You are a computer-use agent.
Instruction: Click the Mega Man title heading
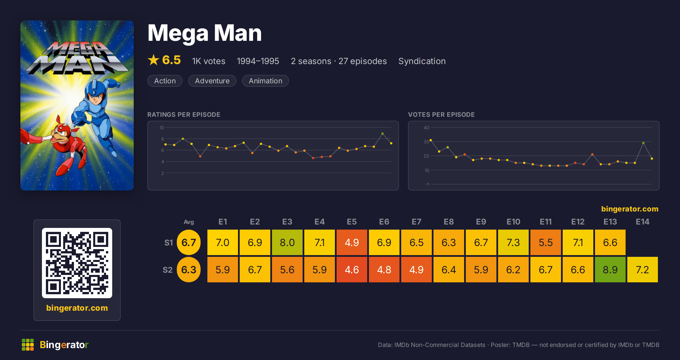coord(204,33)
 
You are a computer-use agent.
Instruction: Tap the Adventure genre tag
coord(212,81)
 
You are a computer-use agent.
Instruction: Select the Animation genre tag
coord(265,81)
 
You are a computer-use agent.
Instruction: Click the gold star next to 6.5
coord(154,60)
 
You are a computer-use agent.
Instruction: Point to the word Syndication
coord(422,61)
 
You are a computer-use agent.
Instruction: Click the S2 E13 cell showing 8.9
coord(610,270)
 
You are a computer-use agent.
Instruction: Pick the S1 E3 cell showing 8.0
coord(287,242)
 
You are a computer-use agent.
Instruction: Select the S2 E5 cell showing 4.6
coord(352,270)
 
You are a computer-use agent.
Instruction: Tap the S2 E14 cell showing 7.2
coord(642,270)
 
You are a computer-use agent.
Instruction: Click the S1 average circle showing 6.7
coord(189,242)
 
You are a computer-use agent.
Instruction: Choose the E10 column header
coord(513,222)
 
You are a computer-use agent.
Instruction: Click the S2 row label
coord(167,270)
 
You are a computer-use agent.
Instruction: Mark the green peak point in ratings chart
coord(382,134)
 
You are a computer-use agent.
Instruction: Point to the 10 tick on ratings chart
coord(161,128)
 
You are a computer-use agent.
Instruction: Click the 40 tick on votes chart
coord(426,128)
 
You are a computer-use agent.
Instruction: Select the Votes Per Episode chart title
coord(441,115)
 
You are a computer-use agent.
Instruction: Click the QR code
coord(77,263)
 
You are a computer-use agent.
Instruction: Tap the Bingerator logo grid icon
coord(28,345)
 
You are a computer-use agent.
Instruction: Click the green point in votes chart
coord(643,143)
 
